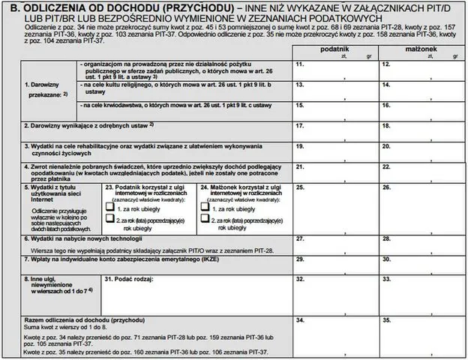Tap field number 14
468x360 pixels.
click(x=423, y=90)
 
